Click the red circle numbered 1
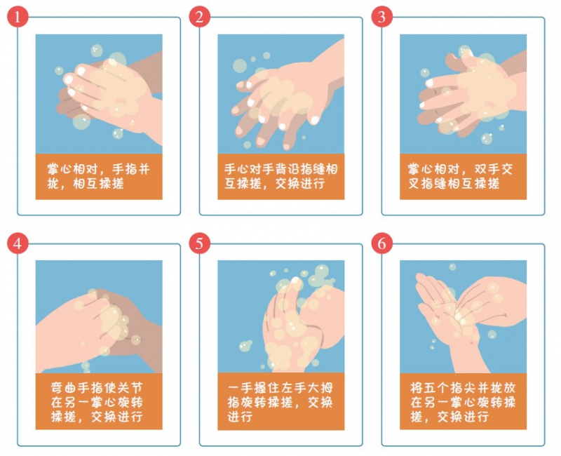(17, 17)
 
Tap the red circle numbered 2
(200, 17)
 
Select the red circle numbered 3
(381, 17)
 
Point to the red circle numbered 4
(17, 243)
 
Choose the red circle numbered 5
(200, 243)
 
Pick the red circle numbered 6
(381, 243)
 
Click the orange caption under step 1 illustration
(99, 177)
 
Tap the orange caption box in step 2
(281, 177)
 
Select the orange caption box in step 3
(463, 177)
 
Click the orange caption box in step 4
(99, 401)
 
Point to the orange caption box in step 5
(281, 401)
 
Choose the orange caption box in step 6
(463, 401)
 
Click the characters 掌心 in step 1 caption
(60, 169)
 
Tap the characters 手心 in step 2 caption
(237, 169)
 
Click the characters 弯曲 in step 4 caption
(64, 388)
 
